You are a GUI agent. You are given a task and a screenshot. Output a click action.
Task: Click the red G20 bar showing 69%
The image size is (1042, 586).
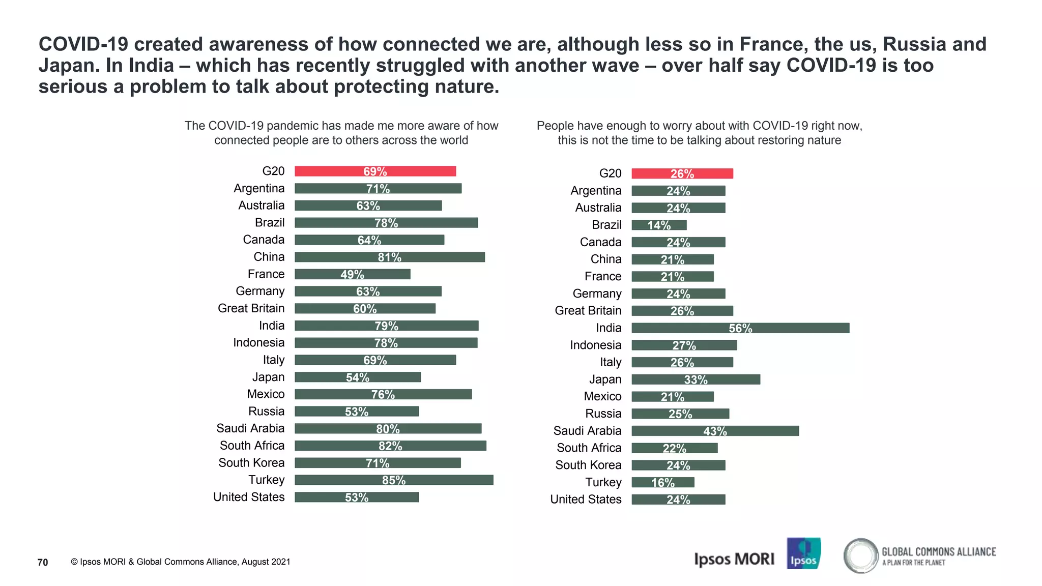[375, 171]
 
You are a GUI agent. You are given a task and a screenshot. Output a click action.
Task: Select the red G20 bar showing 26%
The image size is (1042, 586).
[682, 173]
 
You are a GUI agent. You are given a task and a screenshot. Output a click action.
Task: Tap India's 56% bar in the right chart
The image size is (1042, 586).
[740, 328]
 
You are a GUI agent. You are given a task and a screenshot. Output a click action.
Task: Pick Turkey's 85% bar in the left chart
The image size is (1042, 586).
[394, 480]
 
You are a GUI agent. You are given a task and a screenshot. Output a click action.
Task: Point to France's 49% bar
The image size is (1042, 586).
[352, 274]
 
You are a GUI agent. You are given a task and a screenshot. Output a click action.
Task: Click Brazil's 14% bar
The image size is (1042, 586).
[659, 225]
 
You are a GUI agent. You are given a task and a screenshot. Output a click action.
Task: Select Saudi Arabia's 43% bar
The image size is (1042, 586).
[715, 431]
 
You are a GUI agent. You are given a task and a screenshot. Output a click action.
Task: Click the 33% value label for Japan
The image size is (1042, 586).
[696, 379]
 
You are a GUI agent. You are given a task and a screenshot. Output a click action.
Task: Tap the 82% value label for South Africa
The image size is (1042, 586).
[390, 446]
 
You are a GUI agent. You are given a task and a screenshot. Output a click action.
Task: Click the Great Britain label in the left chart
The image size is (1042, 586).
[251, 308]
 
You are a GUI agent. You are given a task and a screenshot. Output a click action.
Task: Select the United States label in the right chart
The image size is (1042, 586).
[586, 500]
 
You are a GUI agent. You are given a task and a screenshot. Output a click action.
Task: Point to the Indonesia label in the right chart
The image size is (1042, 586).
[595, 345]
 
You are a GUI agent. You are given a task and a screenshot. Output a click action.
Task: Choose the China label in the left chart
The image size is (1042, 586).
[269, 257]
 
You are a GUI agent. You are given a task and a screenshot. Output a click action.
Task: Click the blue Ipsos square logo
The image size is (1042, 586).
[803, 553]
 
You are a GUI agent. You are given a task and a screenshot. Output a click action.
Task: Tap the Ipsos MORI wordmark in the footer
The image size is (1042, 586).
[734, 559]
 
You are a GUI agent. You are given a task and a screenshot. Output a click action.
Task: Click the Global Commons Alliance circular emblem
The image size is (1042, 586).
[860, 555]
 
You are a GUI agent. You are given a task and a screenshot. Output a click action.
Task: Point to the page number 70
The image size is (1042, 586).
[43, 562]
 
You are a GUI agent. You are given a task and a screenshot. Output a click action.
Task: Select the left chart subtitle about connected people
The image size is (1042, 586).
[341, 133]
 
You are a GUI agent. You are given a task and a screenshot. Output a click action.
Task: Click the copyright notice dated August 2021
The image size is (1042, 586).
[181, 562]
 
